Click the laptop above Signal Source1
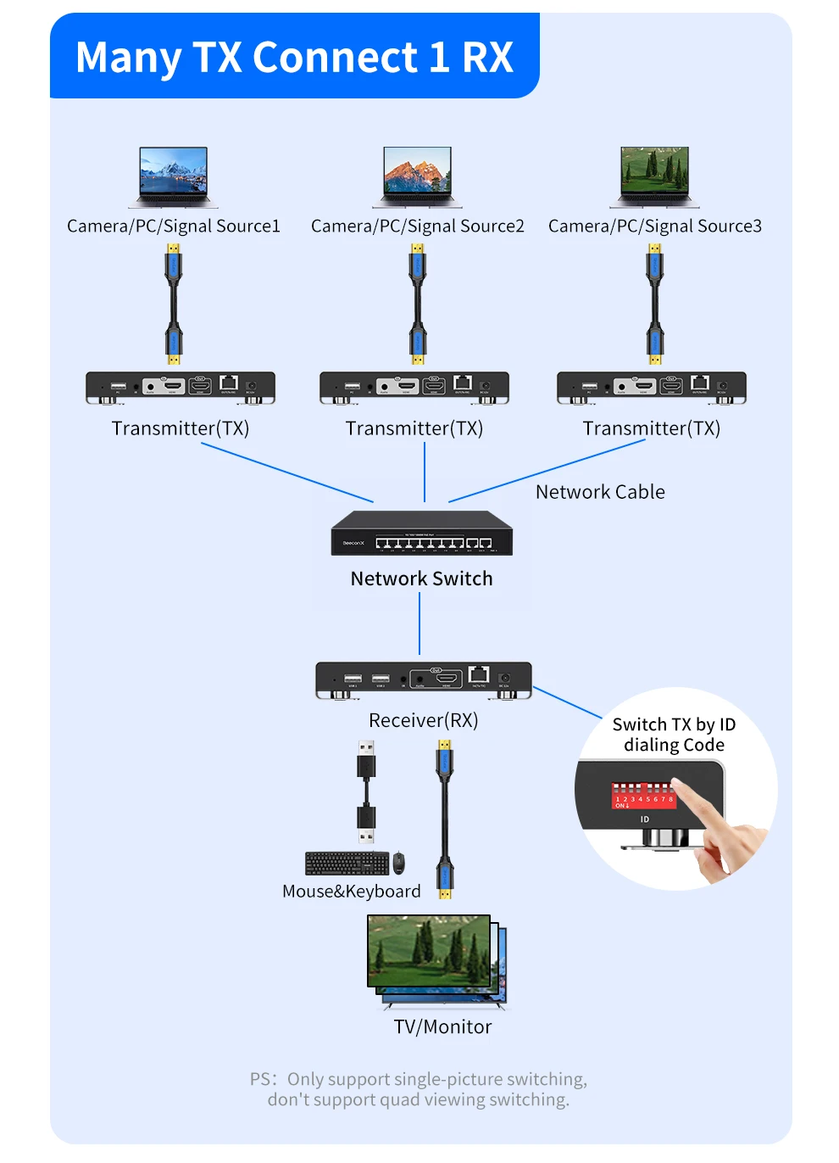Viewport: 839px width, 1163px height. (173, 176)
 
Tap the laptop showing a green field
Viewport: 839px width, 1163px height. (654, 176)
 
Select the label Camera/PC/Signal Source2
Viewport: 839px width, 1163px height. (417, 226)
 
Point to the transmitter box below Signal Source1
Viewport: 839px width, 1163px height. (181, 388)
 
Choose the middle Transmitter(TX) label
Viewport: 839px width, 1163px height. (414, 428)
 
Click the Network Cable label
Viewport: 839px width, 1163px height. (600, 492)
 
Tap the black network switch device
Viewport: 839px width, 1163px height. (421, 534)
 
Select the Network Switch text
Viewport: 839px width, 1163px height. (421, 579)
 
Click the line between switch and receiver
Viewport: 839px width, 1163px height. (419, 623)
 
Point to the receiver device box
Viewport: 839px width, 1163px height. (423, 679)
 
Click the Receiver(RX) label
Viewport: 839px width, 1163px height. (423, 720)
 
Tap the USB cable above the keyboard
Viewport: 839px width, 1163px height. (366, 793)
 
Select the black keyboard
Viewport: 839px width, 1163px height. (347, 863)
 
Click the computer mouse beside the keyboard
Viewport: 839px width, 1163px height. (398, 863)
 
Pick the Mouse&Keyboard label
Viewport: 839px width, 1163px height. (351, 892)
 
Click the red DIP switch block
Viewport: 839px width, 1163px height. (643, 796)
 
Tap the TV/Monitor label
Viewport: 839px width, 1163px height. (442, 1027)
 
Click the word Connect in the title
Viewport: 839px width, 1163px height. (335, 58)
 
